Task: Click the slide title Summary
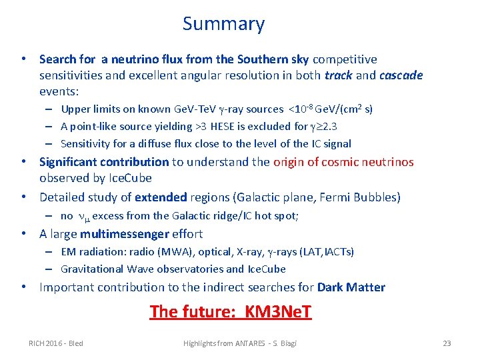[x=223, y=24]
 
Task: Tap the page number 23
[x=447, y=343]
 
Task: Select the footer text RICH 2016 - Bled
[x=56, y=343]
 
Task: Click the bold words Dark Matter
[x=351, y=287]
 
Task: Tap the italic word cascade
[x=401, y=75]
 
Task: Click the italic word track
[x=339, y=75]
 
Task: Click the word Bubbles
[x=377, y=197]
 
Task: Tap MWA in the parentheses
[x=171, y=252]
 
